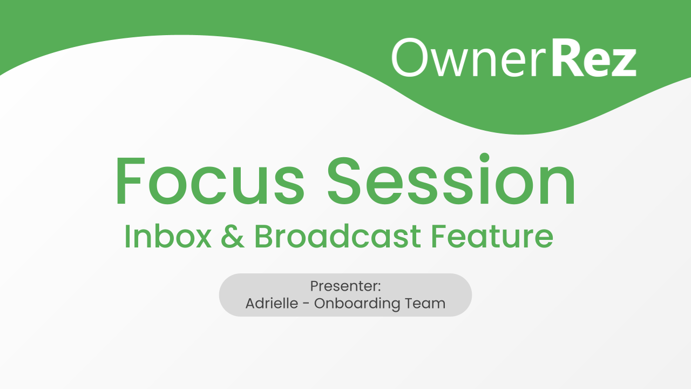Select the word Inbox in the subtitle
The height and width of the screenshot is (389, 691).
[x=168, y=237]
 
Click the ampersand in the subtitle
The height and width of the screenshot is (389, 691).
[x=232, y=237]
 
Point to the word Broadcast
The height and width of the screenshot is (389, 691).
[x=337, y=237]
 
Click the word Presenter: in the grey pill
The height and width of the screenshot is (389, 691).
[x=345, y=286]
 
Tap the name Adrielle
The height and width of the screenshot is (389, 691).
[x=271, y=303]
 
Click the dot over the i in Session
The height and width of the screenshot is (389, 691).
[x=484, y=158]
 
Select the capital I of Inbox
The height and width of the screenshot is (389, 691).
[x=127, y=237]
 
